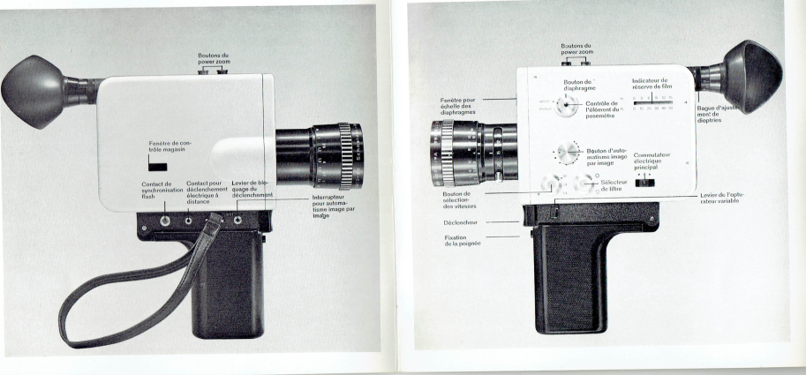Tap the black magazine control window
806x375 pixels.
coord(158,163)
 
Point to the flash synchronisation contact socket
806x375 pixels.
coord(165,213)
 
